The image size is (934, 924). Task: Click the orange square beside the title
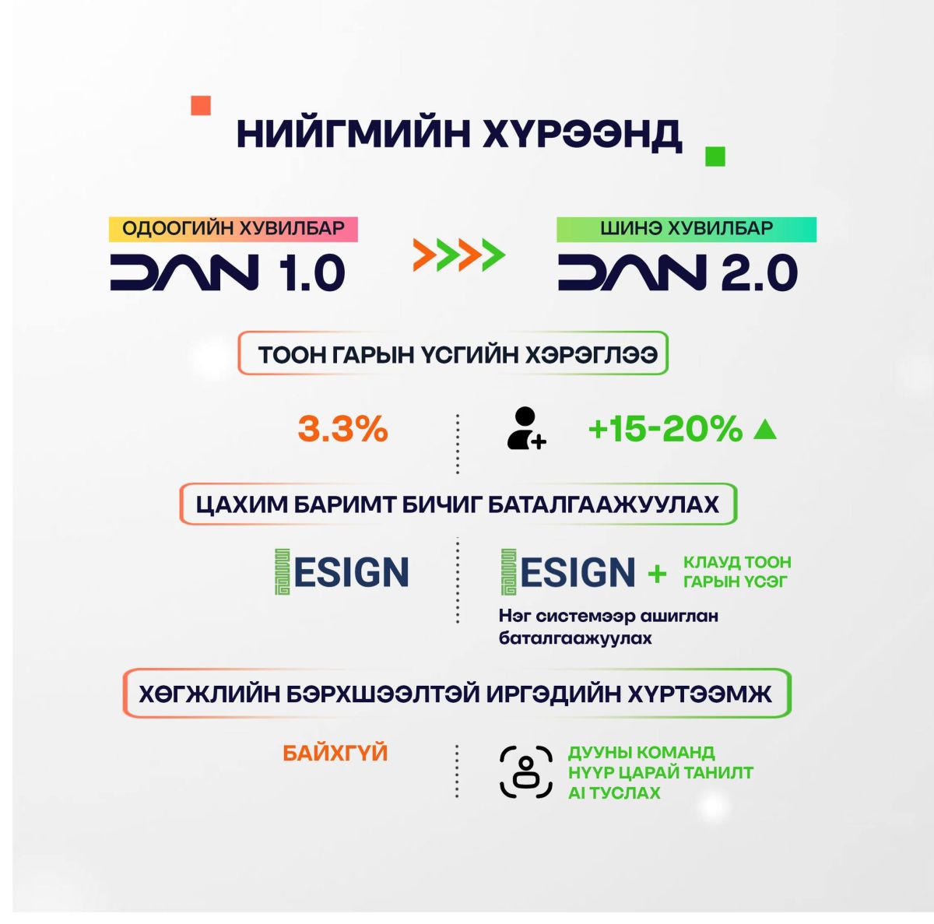tap(201, 106)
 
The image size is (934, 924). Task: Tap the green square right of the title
tap(715, 156)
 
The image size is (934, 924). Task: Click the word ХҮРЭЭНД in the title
tap(582, 135)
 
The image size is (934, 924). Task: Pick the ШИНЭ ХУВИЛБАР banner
tap(686, 230)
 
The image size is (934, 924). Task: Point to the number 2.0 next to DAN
tap(759, 272)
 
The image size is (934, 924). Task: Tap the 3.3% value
tap(342, 429)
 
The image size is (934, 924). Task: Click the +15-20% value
tap(665, 429)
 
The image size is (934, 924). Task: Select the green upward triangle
tap(765, 430)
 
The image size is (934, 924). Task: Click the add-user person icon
tap(526, 428)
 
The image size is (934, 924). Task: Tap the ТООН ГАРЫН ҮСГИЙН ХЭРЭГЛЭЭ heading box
tap(453, 353)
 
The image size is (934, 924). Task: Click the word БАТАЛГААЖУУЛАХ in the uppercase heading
tap(603, 504)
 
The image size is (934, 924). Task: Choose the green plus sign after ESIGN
tap(657, 574)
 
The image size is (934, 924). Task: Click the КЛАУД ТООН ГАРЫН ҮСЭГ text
tap(737, 571)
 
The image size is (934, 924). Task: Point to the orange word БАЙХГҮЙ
tap(335, 754)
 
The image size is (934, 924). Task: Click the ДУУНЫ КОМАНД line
tap(641, 753)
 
